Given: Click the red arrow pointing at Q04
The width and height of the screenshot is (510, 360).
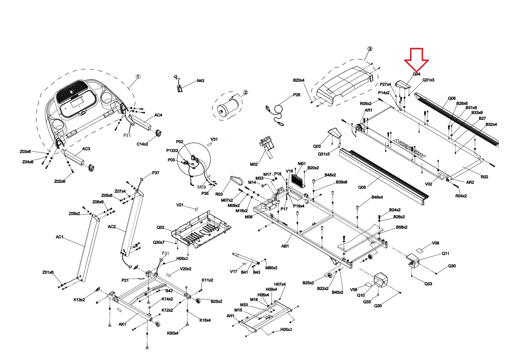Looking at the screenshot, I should coord(416,60).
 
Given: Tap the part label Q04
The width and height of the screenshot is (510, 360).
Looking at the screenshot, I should coord(417,74).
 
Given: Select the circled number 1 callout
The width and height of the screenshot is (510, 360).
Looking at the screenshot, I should coord(138,77).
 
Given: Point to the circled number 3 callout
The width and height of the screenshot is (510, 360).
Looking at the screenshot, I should coord(370,49).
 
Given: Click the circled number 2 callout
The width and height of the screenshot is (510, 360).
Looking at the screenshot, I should coord(246,92).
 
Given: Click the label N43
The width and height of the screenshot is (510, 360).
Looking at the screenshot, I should coord(201,81).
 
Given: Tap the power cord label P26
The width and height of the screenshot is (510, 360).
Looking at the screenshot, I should coord(297,95).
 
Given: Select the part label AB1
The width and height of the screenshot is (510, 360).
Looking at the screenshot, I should coord(285,246).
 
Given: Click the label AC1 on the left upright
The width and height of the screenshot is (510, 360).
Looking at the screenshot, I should coord(59,237).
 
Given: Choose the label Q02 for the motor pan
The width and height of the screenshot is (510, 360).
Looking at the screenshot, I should coord(160,227).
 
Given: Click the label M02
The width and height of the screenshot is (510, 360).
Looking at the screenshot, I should coord(254,164).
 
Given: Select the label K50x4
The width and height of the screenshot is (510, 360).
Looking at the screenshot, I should coord(173,333).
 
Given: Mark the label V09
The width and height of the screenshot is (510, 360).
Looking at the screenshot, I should coord(435,243).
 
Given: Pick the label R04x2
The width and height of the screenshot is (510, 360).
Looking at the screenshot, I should coord(461,196).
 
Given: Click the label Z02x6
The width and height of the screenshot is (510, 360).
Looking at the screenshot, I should coord(60,181).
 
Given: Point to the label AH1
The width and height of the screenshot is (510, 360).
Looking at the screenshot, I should coord(230,316).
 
